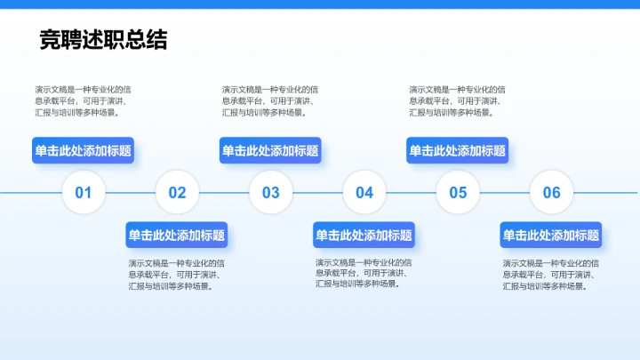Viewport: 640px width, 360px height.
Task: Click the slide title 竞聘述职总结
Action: tap(103, 40)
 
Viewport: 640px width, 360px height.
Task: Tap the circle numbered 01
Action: tap(84, 192)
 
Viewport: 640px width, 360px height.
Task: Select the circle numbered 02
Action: tap(177, 192)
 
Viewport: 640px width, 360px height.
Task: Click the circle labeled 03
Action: tap(270, 192)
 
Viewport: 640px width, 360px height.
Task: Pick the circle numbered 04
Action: tap(364, 192)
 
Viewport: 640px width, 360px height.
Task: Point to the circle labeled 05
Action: tap(458, 192)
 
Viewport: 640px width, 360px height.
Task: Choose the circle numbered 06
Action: tap(552, 192)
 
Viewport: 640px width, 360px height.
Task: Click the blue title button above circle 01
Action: tap(83, 151)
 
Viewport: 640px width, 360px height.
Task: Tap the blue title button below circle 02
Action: tap(177, 236)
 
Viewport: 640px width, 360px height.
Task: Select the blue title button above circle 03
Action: tap(270, 151)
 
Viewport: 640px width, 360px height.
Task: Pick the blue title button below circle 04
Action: tap(364, 236)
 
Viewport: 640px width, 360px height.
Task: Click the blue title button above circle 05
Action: tap(458, 151)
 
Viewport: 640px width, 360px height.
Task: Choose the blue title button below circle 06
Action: tap(551, 236)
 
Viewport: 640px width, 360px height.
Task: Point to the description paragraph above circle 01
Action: tap(84, 100)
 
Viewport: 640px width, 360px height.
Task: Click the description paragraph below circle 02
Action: tap(177, 275)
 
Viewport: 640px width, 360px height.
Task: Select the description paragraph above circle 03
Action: tap(271, 100)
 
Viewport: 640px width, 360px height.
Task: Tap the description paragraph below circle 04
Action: tap(364, 273)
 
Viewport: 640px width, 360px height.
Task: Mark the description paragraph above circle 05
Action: tap(459, 100)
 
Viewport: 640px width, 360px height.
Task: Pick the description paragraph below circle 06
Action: tap(552, 275)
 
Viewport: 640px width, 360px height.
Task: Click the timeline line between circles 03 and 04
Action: tap(317, 192)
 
